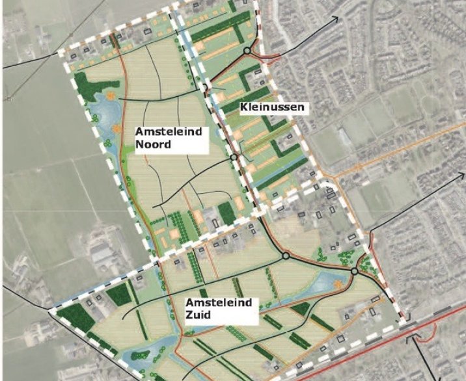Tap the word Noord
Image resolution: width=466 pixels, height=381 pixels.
153,144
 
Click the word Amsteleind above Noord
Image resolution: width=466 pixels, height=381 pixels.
169,132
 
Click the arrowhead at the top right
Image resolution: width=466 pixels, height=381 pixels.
336,18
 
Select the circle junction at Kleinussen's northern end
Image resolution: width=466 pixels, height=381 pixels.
247,51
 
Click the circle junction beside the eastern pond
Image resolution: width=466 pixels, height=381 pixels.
354,271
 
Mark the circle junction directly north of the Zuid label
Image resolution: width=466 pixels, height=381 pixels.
285,257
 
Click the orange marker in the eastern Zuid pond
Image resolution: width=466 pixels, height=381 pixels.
337,283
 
